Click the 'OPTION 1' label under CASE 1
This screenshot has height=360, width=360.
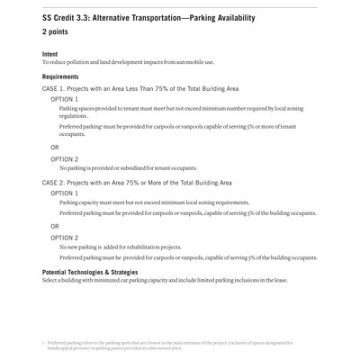click(x=64, y=99)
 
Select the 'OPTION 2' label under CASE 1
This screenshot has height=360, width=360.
click(x=64, y=158)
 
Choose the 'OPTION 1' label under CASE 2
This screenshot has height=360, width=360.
click(x=64, y=193)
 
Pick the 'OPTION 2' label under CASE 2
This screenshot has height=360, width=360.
click(x=64, y=238)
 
